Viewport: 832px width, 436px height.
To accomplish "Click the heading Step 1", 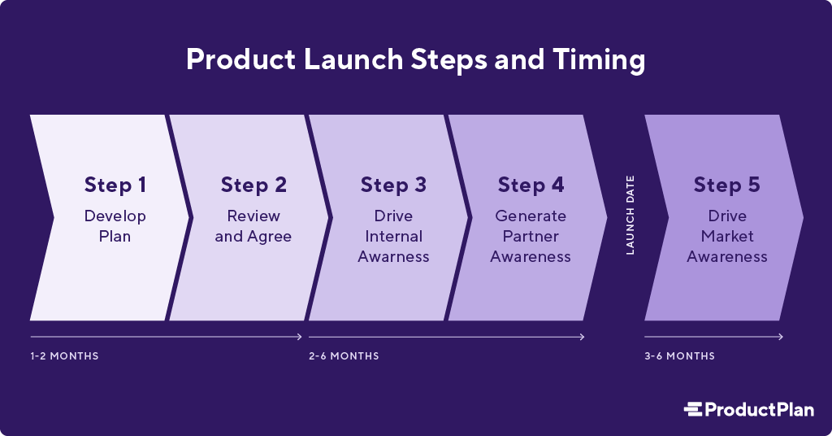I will (115, 185).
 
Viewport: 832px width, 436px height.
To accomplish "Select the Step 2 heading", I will (253, 185).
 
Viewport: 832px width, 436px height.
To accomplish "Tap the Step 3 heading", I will (393, 185).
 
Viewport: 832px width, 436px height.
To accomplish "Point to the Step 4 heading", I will (531, 185).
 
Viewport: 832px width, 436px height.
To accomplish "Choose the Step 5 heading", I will (727, 185).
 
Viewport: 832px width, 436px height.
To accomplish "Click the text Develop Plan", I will (115, 226).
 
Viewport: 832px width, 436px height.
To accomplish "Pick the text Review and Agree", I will (253, 226).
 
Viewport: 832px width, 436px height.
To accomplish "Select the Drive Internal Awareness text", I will (393, 237).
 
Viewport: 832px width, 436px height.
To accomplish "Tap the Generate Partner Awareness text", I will (531, 237).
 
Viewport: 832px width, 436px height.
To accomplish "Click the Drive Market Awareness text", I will (727, 237).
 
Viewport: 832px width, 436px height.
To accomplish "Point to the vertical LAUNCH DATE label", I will (630, 216).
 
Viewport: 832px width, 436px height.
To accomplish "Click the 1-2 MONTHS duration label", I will (64, 356).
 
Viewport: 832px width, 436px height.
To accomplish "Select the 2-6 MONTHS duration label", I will (344, 356).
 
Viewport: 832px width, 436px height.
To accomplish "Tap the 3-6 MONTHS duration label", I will (680, 356).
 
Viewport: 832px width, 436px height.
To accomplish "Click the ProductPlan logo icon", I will (692, 409).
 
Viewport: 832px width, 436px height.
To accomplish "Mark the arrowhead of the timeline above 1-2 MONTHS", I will (301, 337).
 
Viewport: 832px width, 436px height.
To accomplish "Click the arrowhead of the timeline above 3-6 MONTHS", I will (781, 337).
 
